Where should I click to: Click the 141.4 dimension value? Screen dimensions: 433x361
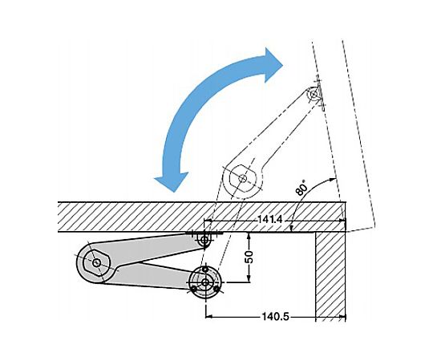point(270,220)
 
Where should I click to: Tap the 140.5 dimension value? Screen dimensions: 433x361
point(275,317)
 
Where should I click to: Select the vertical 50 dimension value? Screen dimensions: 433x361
point(249,258)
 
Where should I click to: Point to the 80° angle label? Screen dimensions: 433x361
point(301,187)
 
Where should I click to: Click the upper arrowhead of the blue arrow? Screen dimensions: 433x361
point(272,65)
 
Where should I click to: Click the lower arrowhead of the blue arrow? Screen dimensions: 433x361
point(172,181)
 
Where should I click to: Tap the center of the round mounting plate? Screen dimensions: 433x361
point(205,282)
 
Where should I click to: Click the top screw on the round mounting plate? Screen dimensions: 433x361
point(205,269)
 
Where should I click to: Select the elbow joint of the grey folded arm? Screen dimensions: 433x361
point(96,262)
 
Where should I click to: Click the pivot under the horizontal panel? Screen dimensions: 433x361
point(204,240)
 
